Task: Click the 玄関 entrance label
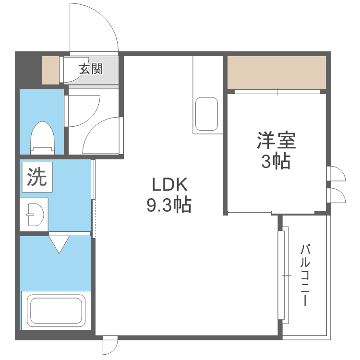(x=91, y=70)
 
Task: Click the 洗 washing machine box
(x=36, y=178)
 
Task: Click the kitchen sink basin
(x=206, y=115)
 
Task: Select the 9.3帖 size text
(x=168, y=205)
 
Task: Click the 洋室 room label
(x=276, y=141)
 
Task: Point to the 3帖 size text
(x=276, y=162)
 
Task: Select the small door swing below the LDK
(x=110, y=346)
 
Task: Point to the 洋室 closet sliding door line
(x=277, y=91)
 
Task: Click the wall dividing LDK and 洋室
(x=225, y=144)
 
